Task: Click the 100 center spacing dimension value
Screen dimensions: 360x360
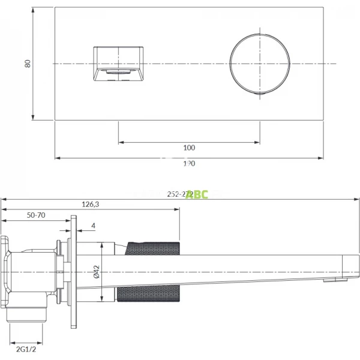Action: pos(189,148)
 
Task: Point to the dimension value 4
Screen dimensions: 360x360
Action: pos(94,226)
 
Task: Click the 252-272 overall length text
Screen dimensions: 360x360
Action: pos(178,194)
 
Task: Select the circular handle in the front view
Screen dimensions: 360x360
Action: pos(260,64)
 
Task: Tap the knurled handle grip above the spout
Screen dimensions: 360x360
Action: pos(152,247)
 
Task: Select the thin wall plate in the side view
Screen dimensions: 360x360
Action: pos(73,273)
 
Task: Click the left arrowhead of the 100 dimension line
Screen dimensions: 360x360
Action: pos(121,142)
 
